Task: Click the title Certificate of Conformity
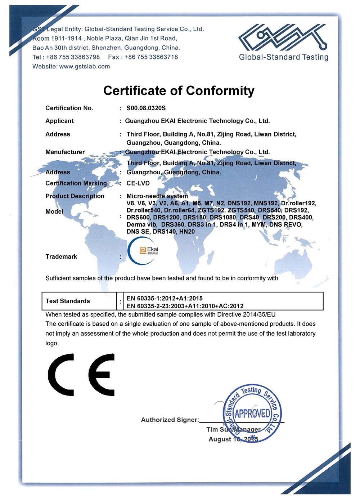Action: [x=179, y=91]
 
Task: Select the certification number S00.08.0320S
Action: [x=146, y=108]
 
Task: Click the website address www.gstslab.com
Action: [x=85, y=66]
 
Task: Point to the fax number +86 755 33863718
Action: [x=151, y=57]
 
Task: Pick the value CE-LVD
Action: [x=138, y=183]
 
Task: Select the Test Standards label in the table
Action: [x=68, y=301]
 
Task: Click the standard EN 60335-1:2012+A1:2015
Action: [x=165, y=298]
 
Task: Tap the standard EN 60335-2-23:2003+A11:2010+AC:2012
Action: [x=185, y=306]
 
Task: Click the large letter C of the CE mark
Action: [x=61, y=375]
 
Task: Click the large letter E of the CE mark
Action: [x=102, y=375]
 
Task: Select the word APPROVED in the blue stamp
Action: [x=252, y=414]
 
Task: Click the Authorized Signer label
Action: [x=170, y=420]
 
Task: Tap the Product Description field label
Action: [x=75, y=196]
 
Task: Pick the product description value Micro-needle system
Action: [x=157, y=196]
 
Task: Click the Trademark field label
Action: [x=61, y=257]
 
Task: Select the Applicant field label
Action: [x=59, y=121]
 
